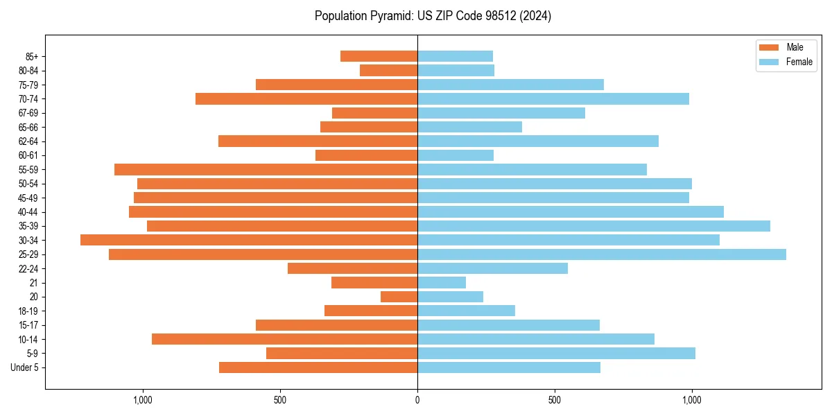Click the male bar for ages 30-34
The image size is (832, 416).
point(249,240)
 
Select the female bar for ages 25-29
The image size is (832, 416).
point(602,254)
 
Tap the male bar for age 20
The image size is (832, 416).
point(399,297)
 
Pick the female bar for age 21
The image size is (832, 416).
point(442,283)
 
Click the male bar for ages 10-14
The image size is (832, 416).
point(284,339)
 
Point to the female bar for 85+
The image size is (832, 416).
point(455,56)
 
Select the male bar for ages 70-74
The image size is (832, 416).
point(306,98)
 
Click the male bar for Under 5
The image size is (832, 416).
point(318,367)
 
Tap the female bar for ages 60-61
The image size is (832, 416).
point(456,155)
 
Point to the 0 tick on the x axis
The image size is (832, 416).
point(417,400)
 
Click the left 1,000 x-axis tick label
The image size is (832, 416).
point(142,400)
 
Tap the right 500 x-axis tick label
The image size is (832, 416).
point(554,400)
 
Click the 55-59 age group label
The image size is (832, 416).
point(28,170)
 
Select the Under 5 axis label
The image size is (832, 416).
point(25,367)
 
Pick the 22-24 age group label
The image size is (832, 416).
point(28,269)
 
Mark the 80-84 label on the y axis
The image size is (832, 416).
point(28,71)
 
